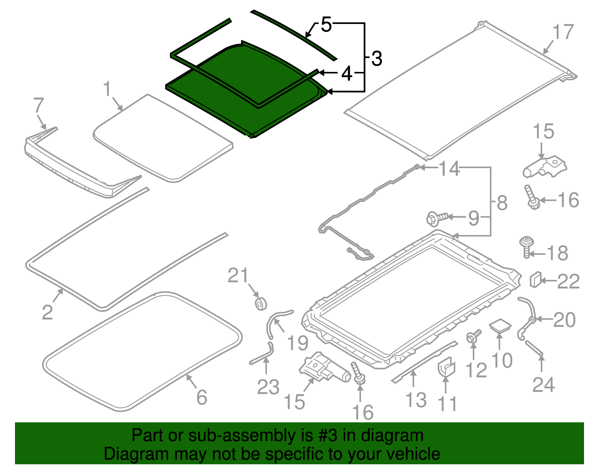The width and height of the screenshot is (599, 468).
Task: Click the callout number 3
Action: pyautogui.click(x=377, y=59)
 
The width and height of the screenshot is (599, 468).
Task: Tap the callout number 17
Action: pyautogui.click(x=563, y=32)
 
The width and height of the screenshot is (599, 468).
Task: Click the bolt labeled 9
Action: pyautogui.click(x=436, y=218)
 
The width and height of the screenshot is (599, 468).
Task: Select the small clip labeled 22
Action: pyautogui.click(x=535, y=280)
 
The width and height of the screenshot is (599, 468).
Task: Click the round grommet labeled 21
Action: pyautogui.click(x=261, y=304)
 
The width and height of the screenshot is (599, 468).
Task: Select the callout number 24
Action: pyautogui.click(x=543, y=385)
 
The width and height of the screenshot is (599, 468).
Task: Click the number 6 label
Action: pyautogui.click(x=202, y=397)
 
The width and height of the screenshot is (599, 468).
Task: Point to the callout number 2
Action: pyautogui.click(x=47, y=312)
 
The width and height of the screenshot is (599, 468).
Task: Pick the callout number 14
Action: pyautogui.click(x=449, y=169)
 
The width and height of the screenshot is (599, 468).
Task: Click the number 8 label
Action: pyautogui.click(x=502, y=203)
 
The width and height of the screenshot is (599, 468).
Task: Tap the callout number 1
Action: pyautogui.click(x=107, y=89)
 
